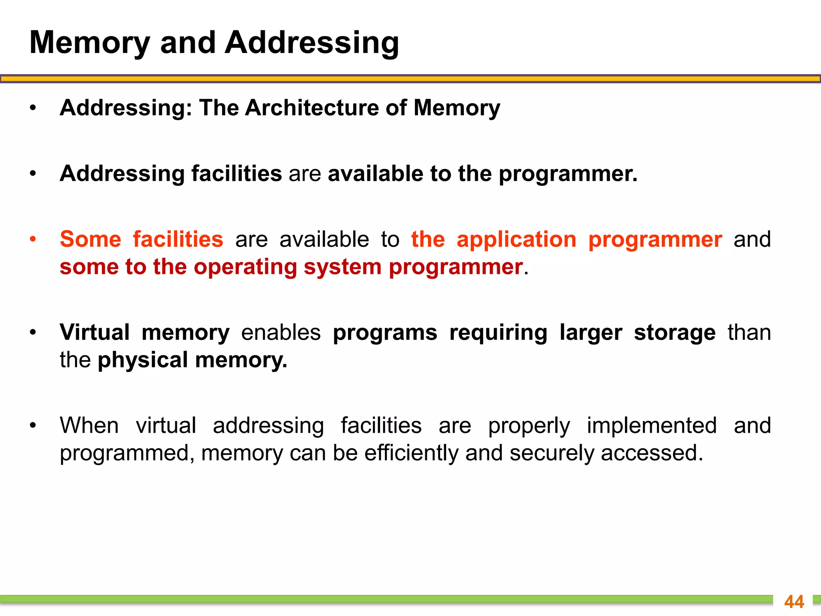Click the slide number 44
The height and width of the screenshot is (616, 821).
tap(794, 602)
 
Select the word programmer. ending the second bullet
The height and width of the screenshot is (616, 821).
tap(568, 174)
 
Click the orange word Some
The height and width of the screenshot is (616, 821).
tap(91, 239)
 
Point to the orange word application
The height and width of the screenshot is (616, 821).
tap(516, 240)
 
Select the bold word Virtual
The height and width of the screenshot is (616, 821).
tap(95, 332)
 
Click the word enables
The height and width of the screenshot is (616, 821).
tap(281, 332)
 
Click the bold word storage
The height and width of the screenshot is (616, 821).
tap(675, 333)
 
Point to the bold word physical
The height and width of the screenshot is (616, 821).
tap(143, 360)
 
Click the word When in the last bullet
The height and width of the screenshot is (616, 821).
tap(89, 426)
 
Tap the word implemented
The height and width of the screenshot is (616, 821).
tap(652, 426)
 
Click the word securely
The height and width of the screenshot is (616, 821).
tap(552, 453)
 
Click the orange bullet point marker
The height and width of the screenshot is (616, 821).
tap(33, 239)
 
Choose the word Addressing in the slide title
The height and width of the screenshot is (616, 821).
tap(311, 43)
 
